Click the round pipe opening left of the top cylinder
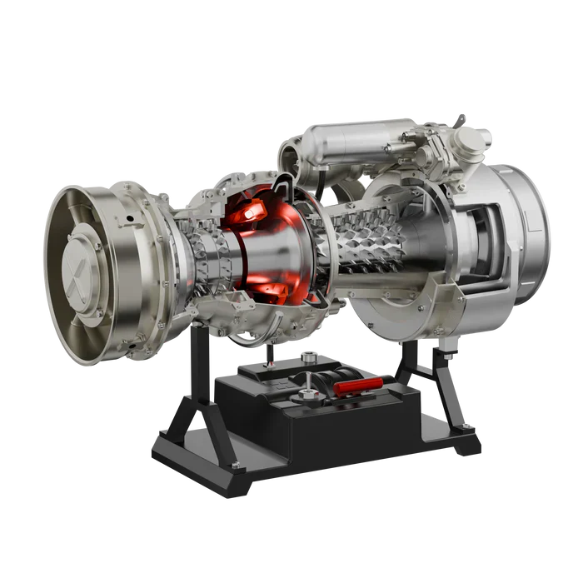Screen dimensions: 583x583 click(288, 155)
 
